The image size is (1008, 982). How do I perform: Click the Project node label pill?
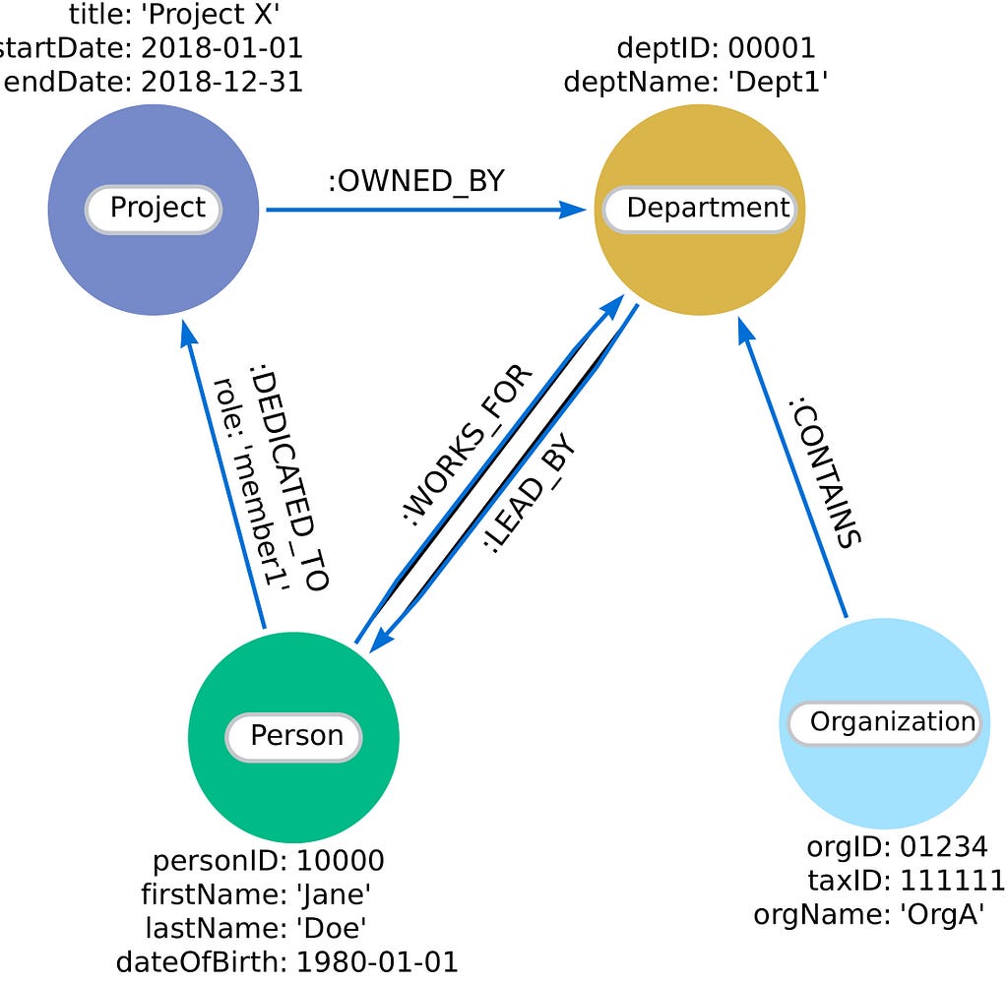pos(154,210)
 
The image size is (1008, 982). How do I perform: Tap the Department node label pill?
pos(700,210)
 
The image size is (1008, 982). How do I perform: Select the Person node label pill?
pos(293,737)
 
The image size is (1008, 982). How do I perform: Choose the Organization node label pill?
pos(885,723)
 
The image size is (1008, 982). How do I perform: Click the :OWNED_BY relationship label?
pos(416,181)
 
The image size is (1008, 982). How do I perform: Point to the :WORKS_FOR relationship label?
pos(468,446)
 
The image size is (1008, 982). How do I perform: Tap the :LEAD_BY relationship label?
pos(530,494)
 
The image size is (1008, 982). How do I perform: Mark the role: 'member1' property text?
pos(251,483)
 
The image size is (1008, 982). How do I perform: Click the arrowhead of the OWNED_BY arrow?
pos(572,210)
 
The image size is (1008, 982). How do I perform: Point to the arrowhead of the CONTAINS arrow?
pos(744,331)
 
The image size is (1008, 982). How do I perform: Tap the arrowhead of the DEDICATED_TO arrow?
pos(188,335)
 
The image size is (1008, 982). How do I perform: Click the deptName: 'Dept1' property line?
pos(696,83)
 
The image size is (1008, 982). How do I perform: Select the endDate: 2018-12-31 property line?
pos(153,83)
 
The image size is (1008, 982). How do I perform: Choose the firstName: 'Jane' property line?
pos(256,894)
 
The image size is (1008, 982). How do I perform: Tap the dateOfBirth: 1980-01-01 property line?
pos(286,962)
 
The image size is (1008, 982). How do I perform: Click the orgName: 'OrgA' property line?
pos(868,914)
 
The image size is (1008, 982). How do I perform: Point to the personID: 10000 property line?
pos(269,861)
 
